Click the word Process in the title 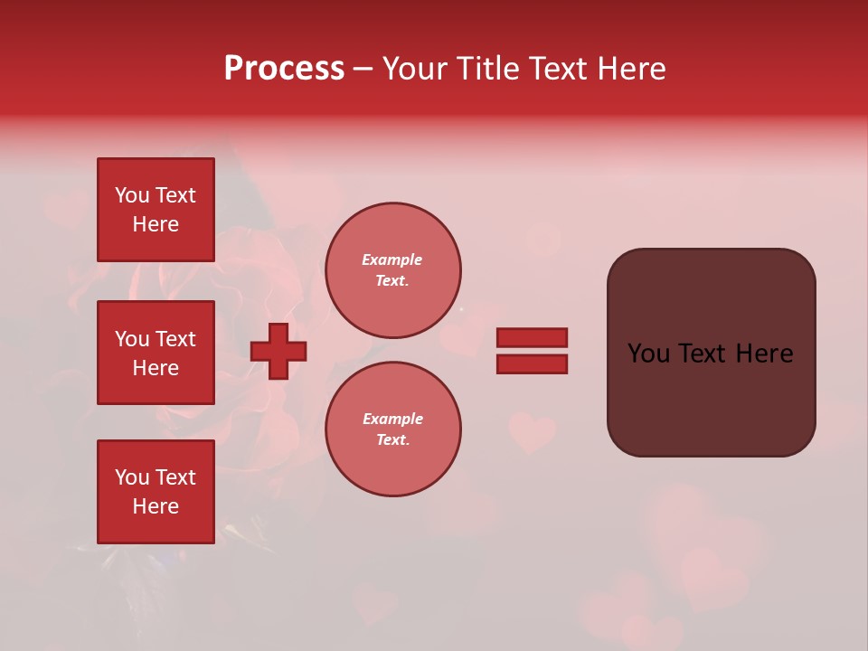(284, 69)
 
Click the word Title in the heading (484, 69)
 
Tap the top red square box (156, 210)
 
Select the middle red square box (156, 353)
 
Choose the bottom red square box (156, 492)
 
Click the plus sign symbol (278, 351)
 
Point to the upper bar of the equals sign (532, 337)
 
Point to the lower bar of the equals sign (532, 364)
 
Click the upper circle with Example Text (392, 270)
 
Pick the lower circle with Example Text (392, 429)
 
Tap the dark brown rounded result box (711, 398)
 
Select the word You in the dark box (648, 354)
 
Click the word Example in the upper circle (392, 259)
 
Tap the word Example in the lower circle (392, 419)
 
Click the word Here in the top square (156, 224)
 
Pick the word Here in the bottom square (156, 506)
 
